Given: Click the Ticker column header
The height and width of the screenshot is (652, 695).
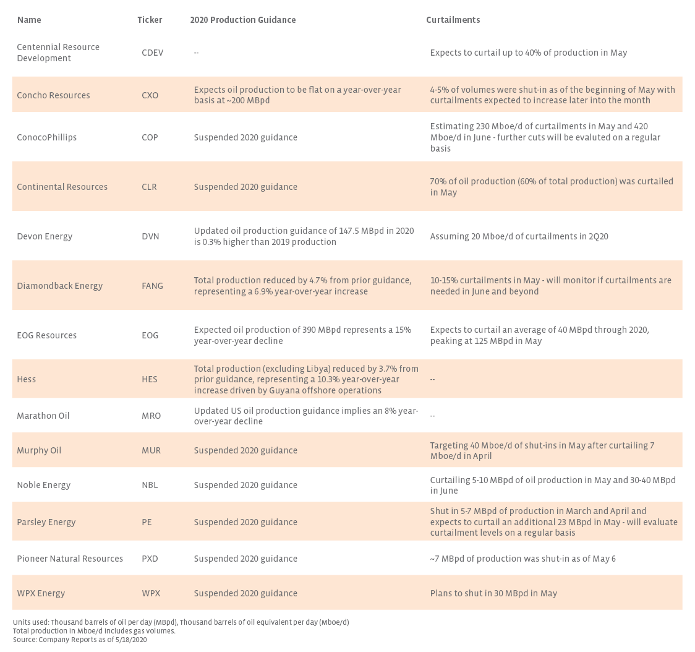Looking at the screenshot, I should click(x=150, y=20).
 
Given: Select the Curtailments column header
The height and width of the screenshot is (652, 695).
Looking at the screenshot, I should click(x=453, y=20).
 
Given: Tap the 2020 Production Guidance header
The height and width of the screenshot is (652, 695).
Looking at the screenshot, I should click(x=242, y=20).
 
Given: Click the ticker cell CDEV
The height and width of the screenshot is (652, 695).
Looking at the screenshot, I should click(x=152, y=53).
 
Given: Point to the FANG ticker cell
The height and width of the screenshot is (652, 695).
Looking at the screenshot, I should click(x=152, y=286).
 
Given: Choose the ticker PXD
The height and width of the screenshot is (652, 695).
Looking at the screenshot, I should click(x=150, y=559).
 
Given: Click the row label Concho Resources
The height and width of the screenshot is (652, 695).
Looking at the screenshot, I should click(x=53, y=95).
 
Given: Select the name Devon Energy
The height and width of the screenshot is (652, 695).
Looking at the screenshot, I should click(x=45, y=236).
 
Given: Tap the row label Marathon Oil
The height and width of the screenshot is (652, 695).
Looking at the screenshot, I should click(x=43, y=416).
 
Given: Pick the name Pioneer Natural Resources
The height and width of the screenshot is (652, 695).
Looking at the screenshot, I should click(x=70, y=559).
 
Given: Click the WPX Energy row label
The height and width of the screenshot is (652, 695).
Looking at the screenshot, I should click(x=41, y=593).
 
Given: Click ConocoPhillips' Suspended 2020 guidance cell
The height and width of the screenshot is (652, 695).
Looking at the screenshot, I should click(x=245, y=137).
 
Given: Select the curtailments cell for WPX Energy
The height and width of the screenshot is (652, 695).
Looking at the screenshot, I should click(x=493, y=593).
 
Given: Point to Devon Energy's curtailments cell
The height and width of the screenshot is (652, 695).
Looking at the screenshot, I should click(x=519, y=236).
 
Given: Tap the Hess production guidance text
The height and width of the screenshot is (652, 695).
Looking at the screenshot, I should click(x=306, y=379).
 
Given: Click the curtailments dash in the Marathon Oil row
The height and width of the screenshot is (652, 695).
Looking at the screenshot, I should click(x=432, y=416).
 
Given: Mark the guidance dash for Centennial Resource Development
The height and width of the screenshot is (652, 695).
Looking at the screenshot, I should click(x=196, y=53).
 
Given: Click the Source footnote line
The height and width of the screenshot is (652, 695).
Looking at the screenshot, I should click(x=80, y=640).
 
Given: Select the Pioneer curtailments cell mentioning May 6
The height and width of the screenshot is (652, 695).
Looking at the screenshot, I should click(x=522, y=559).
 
